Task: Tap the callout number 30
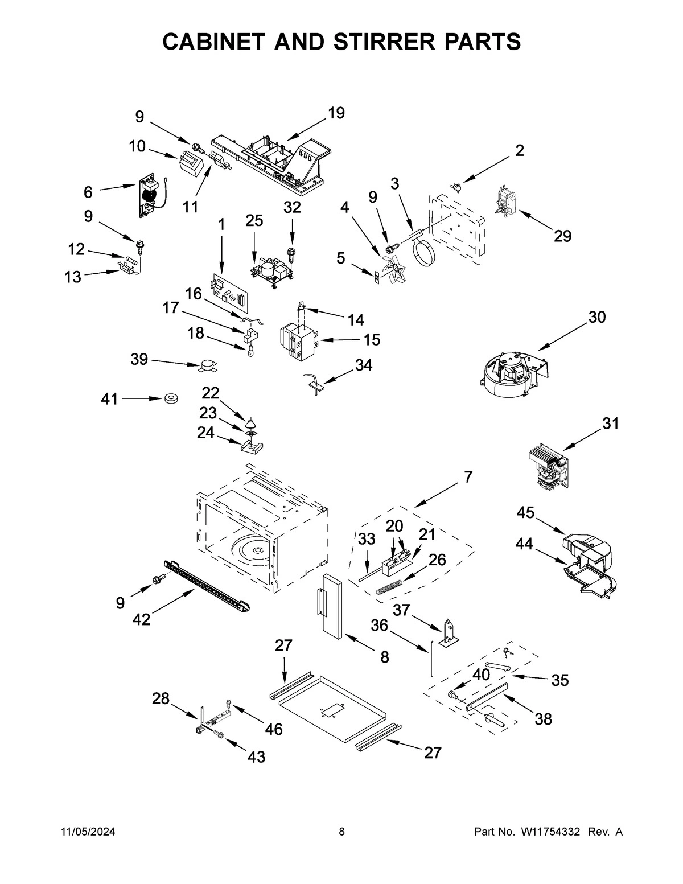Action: (x=596, y=317)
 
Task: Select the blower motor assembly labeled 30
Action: (x=509, y=373)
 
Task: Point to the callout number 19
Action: (x=336, y=113)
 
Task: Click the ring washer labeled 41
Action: (x=170, y=400)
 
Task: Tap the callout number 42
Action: (x=141, y=619)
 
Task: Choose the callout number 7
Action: (x=468, y=477)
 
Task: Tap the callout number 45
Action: (x=525, y=512)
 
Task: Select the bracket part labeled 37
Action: (x=449, y=633)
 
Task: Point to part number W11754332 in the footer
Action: (x=549, y=832)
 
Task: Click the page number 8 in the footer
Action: (x=341, y=832)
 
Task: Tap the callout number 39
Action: (x=139, y=359)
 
